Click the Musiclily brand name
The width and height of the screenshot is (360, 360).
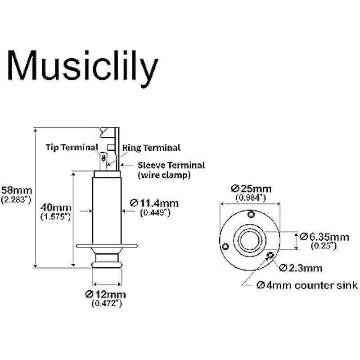point(83,65)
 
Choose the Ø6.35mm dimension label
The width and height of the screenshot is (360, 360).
point(324,236)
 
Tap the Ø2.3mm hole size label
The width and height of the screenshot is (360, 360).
point(301,268)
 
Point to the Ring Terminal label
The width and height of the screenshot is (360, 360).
point(151,148)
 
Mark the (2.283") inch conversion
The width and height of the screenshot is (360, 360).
point(17,198)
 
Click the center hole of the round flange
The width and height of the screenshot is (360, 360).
point(250,239)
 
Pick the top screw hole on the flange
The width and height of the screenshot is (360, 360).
point(251,214)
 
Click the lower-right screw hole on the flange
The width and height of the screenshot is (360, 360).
point(270,256)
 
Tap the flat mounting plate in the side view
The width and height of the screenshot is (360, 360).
point(107,246)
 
